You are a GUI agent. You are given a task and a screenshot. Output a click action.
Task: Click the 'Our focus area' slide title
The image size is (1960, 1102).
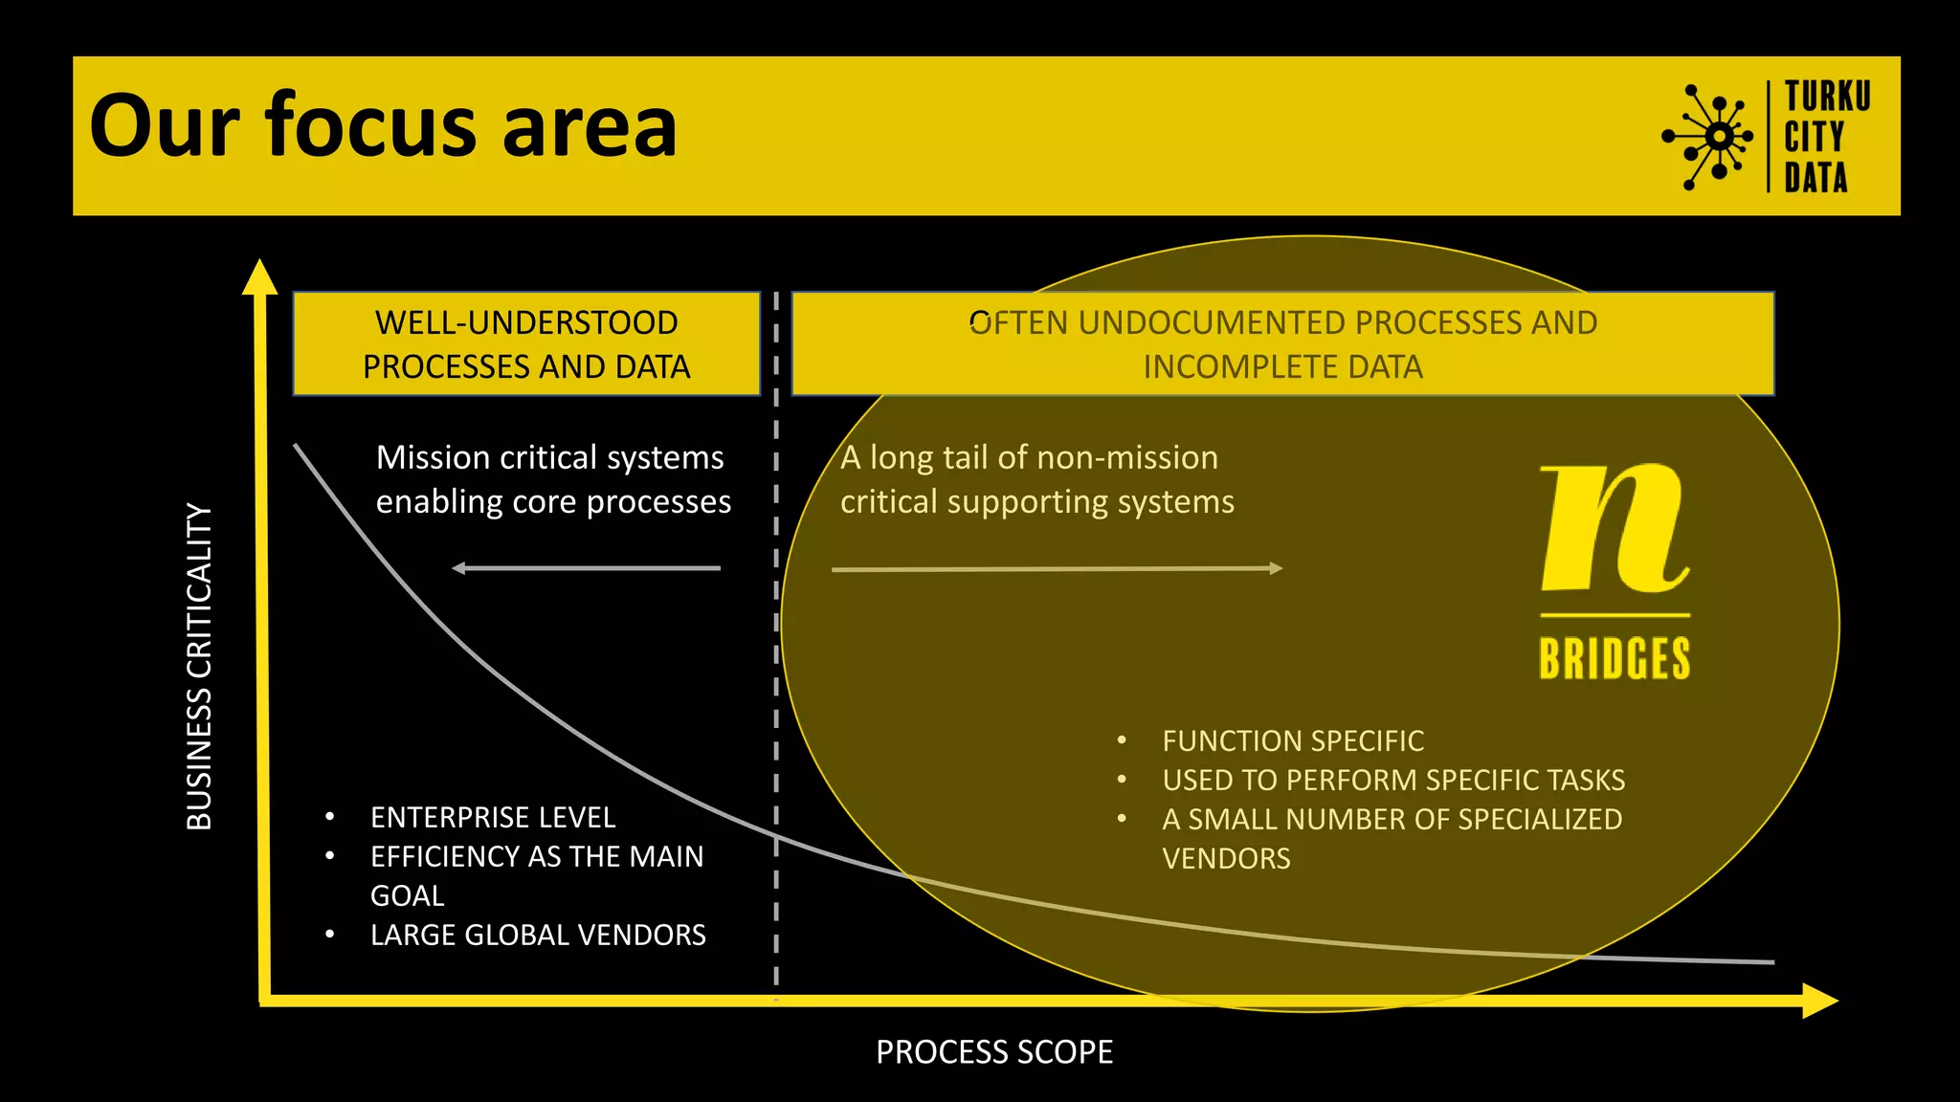(x=383, y=126)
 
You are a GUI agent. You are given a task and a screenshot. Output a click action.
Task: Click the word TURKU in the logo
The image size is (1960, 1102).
(x=1827, y=97)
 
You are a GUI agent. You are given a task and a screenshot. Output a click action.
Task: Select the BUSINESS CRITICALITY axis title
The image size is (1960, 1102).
(x=199, y=667)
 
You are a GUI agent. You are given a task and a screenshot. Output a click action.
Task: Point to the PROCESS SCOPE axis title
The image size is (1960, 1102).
(x=994, y=1052)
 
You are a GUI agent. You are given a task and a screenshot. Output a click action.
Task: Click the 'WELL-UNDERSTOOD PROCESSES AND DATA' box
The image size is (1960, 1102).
(x=526, y=344)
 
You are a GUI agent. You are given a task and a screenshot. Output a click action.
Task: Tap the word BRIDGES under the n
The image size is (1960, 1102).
(x=1615, y=659)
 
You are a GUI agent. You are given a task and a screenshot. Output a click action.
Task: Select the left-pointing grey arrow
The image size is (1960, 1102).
(x=586, y=568)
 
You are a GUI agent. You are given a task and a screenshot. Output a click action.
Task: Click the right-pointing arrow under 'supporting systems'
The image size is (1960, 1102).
(x=1057, y=569)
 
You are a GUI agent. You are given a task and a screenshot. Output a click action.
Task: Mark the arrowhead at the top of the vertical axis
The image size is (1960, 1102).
(x=259, y=276)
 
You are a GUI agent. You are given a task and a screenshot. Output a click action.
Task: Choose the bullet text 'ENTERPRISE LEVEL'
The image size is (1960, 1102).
(x=493, y=818)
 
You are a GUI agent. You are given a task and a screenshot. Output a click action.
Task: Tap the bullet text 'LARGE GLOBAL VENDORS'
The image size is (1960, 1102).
(x=538, y=936)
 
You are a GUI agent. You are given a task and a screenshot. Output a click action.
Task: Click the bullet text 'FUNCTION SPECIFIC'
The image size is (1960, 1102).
(x=1293, y=741)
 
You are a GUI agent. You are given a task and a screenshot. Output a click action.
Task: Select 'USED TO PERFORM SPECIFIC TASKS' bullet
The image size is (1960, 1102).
(x=1393, y=781)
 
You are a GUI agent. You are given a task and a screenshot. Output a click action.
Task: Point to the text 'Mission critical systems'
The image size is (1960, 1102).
(x=549, y=457)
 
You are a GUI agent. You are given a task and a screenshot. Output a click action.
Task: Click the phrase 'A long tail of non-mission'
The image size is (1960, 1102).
(x=1029, y=457)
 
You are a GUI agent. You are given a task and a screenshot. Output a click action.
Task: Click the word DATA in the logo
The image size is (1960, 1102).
(x=1815, y=178)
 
